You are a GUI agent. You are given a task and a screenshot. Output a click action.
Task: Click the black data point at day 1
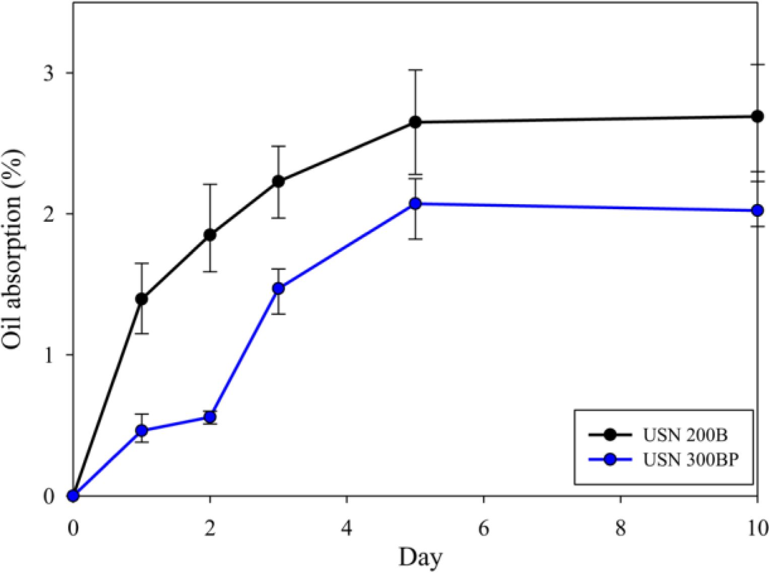[142, 299]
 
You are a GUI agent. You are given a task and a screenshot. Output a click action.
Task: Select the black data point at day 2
[210, 235]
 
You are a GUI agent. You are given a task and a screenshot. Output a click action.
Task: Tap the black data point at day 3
[278, 181]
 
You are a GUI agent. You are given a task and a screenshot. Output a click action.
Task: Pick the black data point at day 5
[415, 122]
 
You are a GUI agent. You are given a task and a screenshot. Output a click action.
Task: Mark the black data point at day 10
[757, 116]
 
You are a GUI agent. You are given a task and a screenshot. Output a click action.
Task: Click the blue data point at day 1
[142, 430]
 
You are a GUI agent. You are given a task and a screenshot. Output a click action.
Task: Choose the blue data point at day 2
[210, 417]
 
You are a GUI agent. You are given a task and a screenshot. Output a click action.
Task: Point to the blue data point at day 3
[278, 289]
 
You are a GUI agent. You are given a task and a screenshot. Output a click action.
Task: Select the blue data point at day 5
[415, 204]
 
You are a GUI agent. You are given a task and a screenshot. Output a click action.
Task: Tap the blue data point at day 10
[757, 210]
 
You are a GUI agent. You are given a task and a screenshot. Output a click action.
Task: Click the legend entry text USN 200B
[685, 435]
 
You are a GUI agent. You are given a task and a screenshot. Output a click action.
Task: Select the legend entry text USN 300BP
[691, 460]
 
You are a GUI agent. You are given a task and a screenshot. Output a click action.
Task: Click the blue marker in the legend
[610, 460]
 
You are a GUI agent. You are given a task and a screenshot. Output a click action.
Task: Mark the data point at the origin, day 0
[74, 495]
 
